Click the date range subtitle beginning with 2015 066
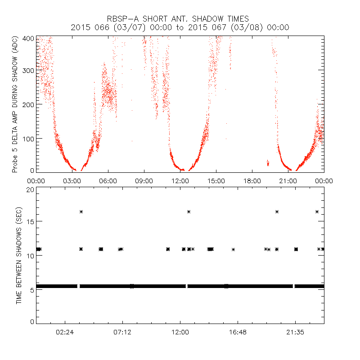pyautogui.click(x=180, y=27)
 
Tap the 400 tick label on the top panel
pyautogui.click(x=28, y=38)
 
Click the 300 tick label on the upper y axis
pyautogui.click(x=28, y=71)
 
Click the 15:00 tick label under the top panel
pyautogui.click(x=216, y=180)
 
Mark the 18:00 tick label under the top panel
pyautogui.click(x=252, y=180)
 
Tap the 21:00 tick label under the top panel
pyautogui.click(x=288, y=180)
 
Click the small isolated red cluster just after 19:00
pyautogui.click(x=268, y=162)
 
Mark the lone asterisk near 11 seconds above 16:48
pyautogui.click(x=234, y=249)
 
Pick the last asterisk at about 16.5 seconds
pyautogui.click(x=317, y=211)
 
